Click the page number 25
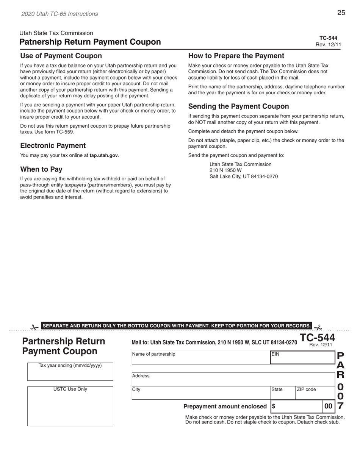point(341,13)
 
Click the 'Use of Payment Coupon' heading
point(61,56)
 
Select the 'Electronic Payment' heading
point(53,145)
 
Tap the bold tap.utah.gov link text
point(103,155)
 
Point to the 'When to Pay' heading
point(41,169)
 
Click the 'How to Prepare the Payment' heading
point(236,56)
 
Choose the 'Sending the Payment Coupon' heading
point(238,106)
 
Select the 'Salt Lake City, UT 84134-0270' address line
point(244,176)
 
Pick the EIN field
point(302,358)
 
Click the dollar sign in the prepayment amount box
point(274,407)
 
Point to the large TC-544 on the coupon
point(317,338)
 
